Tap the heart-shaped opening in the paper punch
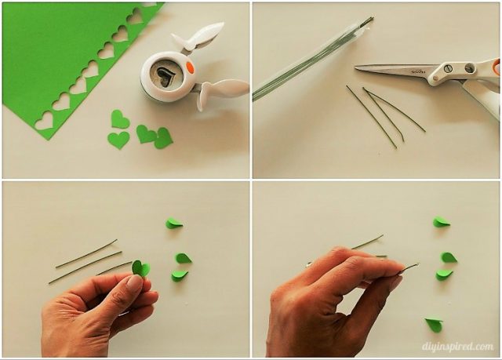pos(163,75)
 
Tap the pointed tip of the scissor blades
pos(358,68)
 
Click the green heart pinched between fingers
pos(140,268)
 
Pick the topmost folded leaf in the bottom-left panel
pos(173,224)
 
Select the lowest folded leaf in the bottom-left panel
pos(180,275)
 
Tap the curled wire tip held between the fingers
pos(409,267)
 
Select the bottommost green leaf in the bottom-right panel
pos(433,324)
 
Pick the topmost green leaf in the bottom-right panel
pos(442,222)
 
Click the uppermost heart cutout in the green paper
pos(134,16)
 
